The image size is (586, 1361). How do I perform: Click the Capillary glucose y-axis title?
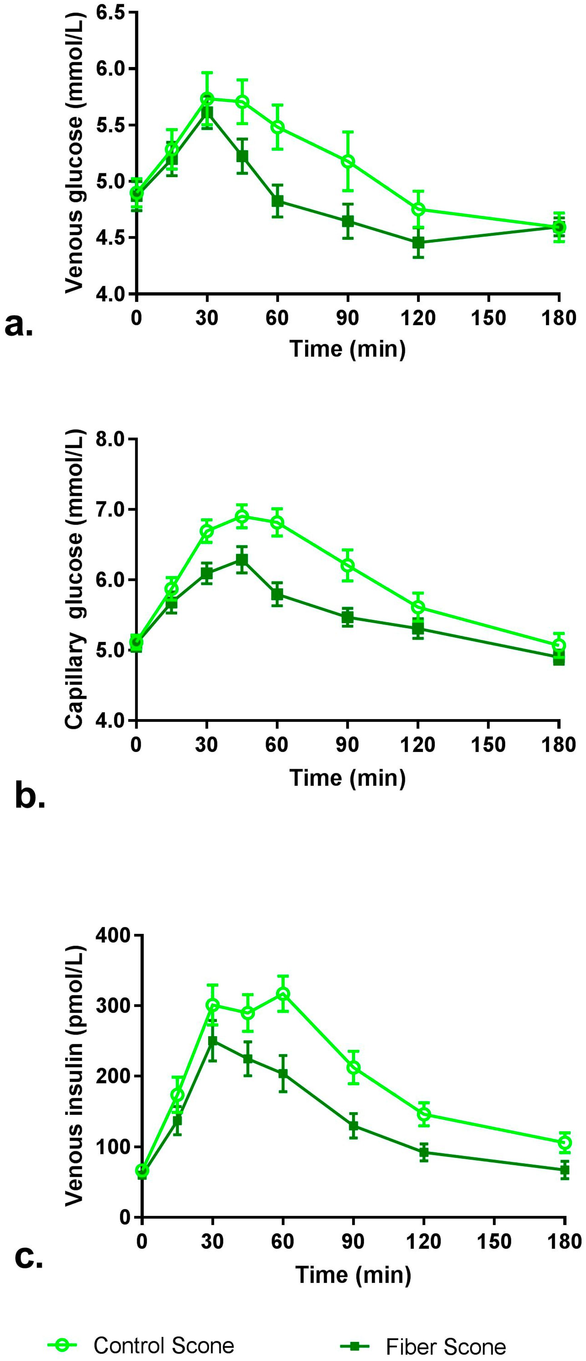(74, 580)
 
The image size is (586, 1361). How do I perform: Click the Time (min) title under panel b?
(348, 778)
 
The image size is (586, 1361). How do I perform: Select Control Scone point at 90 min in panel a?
(348, 161)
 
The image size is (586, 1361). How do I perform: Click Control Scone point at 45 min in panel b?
(241, 516)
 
